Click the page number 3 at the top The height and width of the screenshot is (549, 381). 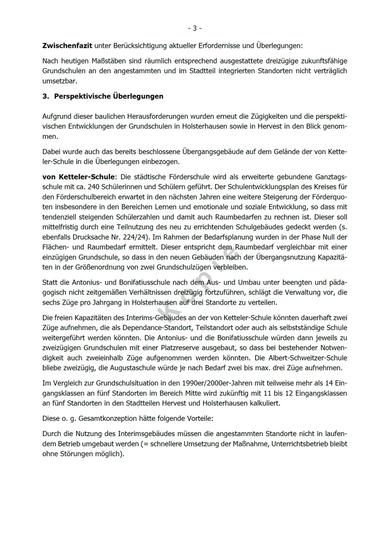pyautogui.click(x=195, y=28)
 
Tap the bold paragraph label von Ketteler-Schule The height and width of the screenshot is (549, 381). pyautogui.click(x=79, y=177)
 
